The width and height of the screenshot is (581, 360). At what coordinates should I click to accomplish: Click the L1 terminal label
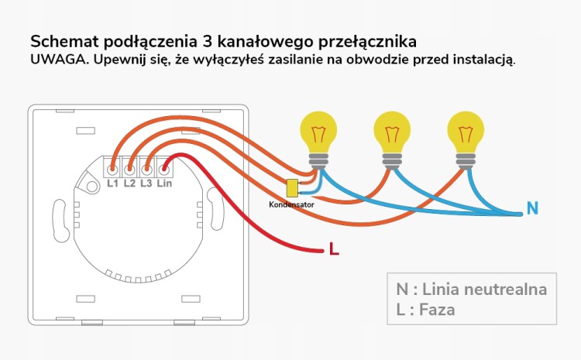tap(112, 183)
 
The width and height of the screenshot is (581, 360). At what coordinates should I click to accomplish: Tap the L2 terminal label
tap(129, 183)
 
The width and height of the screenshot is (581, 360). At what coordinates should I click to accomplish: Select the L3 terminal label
tap(146, 183)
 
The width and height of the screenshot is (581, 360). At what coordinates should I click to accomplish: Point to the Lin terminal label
tap(164, 183)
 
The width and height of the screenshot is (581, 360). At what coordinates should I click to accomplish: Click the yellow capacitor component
tap(292, 188)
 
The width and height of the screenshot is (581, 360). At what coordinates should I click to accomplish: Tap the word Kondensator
tap(291, 204)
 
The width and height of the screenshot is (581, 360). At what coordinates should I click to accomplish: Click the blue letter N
tap(532, 208)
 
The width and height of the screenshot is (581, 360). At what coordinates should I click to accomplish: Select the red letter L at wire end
tap(334, 249)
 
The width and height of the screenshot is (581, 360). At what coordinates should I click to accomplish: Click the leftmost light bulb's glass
tap(318, 132)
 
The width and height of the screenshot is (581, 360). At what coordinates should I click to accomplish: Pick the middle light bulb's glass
tap(392, 132)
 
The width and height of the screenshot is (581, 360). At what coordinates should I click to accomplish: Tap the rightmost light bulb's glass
tap(466, 132)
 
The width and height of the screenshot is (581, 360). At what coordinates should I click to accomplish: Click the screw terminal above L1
tap(112, 170)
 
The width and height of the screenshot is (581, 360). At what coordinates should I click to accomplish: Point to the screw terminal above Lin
tap(163, 170)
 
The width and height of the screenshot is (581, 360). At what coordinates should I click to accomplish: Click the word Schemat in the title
tap(64, 42)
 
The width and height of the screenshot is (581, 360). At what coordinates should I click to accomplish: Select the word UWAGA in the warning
tap(60, 60)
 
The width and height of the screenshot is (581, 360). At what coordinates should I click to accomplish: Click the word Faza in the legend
tap(437, 310)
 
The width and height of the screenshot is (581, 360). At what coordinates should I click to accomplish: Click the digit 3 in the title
tap(208, 42)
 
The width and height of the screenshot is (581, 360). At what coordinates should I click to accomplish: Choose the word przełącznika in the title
tap(367, 43)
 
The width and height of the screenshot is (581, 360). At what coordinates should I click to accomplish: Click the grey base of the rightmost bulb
tap(466, 161)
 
